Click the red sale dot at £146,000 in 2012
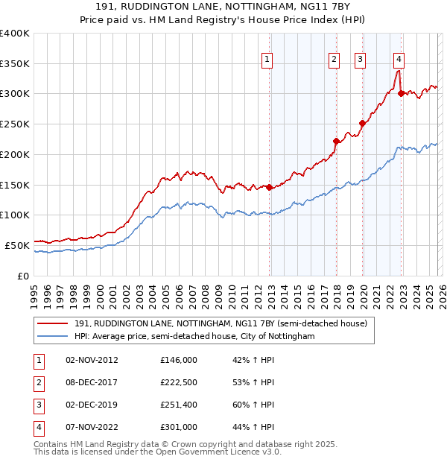[x=270, y=187]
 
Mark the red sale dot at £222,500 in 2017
[x=336, y=141]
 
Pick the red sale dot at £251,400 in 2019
[x=363, y=124]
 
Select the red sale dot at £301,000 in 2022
[x=401, y=93]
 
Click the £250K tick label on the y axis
[x=15, y=124]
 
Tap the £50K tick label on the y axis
[x=17, y=245]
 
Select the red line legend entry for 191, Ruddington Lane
[x=221, y=324]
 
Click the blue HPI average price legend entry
[x=194, y=337]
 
